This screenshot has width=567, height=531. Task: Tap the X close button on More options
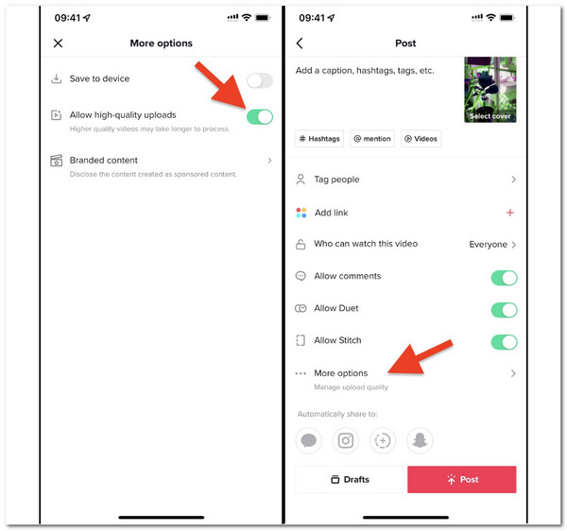click(x=59, y=43)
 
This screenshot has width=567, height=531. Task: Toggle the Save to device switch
click(x=259, y=80)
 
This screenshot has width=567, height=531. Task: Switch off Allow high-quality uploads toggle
click(x=259, y=116)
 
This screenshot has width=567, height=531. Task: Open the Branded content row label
click(x=104, y=161)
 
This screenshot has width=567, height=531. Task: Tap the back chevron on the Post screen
click(x=301, y=43)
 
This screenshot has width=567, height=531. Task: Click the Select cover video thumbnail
click(x=490, y=90)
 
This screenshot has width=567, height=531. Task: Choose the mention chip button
click(x=372, y=139)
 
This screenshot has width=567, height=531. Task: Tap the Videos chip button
click(x=421, y=139)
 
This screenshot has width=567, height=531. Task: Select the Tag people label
click(x=336, y=180)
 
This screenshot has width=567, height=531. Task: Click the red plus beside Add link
click(x=510, y=213)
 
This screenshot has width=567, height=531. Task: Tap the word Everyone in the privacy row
click(x=489, y=245)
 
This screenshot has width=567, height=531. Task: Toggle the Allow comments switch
click(x=504, y=278)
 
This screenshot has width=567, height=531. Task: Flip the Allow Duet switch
click(x=504, y=310)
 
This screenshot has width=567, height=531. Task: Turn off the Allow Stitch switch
click(x=504, y=342)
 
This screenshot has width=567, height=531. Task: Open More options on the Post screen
click(x=341, y=374)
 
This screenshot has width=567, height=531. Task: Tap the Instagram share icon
click(x=346, y=440)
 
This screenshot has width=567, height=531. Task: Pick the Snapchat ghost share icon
click(x=419, y=440)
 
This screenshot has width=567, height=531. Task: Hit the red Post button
click(x=461, y=479)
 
